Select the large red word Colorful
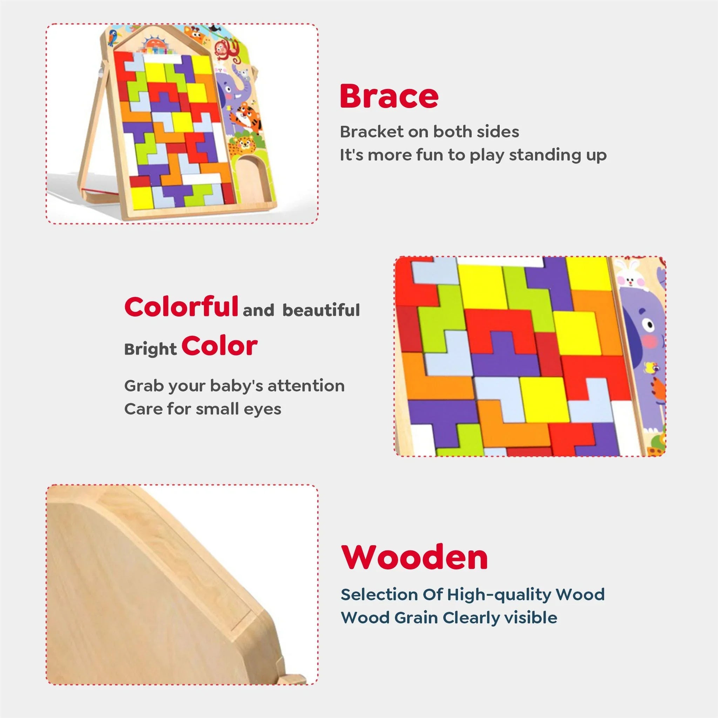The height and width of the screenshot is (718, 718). (x=181, y=307)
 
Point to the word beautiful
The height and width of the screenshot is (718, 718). (x=321, y=310)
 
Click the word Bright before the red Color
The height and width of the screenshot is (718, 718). (x=150, y=349)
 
